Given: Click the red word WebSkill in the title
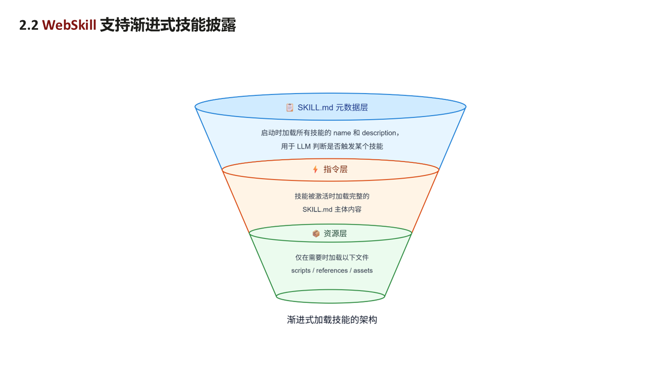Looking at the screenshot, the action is click(69, 25).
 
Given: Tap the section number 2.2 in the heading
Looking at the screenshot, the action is click(29, 25).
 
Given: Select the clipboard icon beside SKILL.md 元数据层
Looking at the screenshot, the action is click(290, 107).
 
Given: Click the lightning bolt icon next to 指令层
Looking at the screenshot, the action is click(315, 169).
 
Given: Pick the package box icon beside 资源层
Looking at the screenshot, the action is click(316, 233).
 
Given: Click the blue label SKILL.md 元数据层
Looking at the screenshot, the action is click(332, 107).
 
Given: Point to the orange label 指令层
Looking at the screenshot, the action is click(336, 169).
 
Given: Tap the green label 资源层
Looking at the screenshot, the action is click(335, 233).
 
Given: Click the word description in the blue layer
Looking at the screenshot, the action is click(379, 133).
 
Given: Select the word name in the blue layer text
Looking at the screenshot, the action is click(342, 133).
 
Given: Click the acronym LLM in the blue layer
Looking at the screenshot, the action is click(304, 147).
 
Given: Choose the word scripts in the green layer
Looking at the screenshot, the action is click(301, 271).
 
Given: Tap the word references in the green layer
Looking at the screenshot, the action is click(332, 271).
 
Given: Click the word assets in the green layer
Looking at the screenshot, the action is click(363, 271).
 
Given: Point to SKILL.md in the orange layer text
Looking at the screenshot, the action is click(317, 209).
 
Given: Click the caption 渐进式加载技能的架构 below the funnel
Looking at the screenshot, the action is click(332, 320).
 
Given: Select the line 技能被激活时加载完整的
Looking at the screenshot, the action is click(332, 197).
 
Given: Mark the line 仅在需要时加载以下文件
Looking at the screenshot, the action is click(332, 258).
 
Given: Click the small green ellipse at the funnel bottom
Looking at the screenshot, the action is click(330, 303).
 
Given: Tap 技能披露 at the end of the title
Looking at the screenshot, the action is click(206, 25).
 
